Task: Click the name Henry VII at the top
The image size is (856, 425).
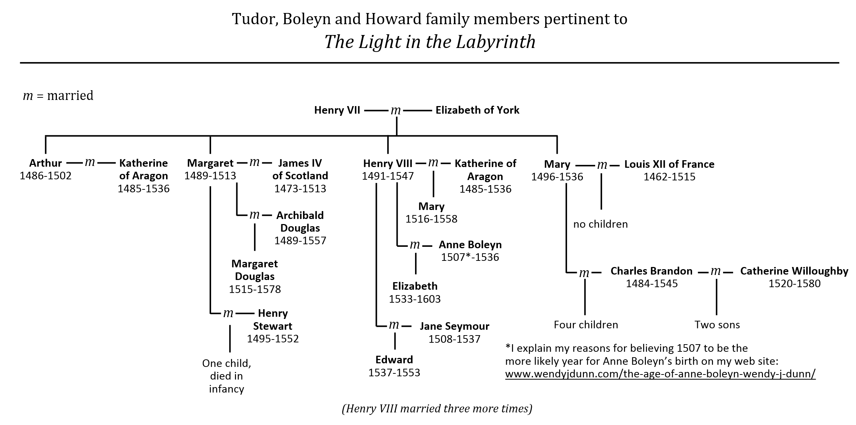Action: pyautogui.click(x=337, y=110)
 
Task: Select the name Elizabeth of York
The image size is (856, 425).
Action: pyautogui.click(x=477, y=110)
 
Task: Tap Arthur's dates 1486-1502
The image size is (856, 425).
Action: pyautogui.click(x=45, y=176)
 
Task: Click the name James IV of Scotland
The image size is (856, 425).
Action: pyautogui.click(x=300, y=169)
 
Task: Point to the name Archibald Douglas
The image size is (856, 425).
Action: pyautogui.click(x=300, y=222)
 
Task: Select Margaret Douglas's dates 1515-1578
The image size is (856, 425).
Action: pyautogui.click(x=255, y=289)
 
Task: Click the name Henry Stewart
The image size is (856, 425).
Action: pyautogui.click(x=273, y=320)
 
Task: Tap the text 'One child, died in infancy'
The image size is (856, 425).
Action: pyautogui.click(x=226, y=376)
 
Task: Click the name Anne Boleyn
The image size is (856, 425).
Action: pyautogui.click(x=470, y=245)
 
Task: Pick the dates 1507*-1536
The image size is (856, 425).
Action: pyautogui.click(x=470, y=257)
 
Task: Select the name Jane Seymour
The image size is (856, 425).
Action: pyautogui.click(x=454, y=327)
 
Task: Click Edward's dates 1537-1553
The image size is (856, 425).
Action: pyautogui.click(x=394, y=373)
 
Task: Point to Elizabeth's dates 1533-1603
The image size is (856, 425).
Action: pyautogui.click(x=415, y=299)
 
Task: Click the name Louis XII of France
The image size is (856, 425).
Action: pyautogui.click(x=669, y=164)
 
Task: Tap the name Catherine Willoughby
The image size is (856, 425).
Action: pyautogui.click(x=794, y=271)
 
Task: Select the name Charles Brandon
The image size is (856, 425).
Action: pyautogui.click(x=651, y=271)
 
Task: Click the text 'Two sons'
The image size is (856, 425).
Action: pyautogui.click(x=717, y=325)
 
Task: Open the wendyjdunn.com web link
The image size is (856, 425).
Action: pyautogui.click(x=660, y=374)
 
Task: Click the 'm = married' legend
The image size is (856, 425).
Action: pyautogui.click(x=58, y=96)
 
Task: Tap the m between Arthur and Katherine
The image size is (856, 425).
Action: pyautogui.click(x=90, y=163)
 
